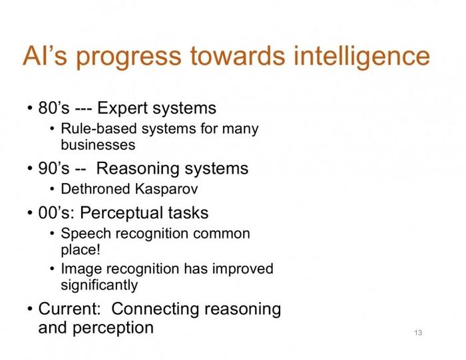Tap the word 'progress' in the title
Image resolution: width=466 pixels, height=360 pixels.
tap(128, 58)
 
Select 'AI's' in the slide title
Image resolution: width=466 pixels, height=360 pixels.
tap(45, 56)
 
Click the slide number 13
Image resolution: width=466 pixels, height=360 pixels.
tap(418, 333)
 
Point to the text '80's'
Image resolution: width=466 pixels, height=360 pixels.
tap(54, 108)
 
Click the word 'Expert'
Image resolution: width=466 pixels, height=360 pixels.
tap(122, 108)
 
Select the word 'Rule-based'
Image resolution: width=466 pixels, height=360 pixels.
tap(99, 129)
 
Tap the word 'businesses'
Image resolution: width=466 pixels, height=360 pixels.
tap(98, 145)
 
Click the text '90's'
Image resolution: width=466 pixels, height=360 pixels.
tap(54, 168)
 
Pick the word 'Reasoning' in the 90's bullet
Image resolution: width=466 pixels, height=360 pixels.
tap(138, 169)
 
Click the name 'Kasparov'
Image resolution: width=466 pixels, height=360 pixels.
tap(166, 190)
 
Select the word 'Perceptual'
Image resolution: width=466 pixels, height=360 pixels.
tap(121, 214)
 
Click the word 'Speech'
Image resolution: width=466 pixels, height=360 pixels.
tap(86, 234)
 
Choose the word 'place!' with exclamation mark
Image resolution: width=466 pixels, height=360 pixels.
tap(81, 250)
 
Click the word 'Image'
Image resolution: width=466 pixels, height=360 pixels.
tap(81, 270)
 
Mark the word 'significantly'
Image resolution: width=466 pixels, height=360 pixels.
tap(99, 285)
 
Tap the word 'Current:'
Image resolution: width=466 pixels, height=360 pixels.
tap(69, 309)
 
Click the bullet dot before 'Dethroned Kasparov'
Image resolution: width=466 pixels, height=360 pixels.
tap(53, 190)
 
